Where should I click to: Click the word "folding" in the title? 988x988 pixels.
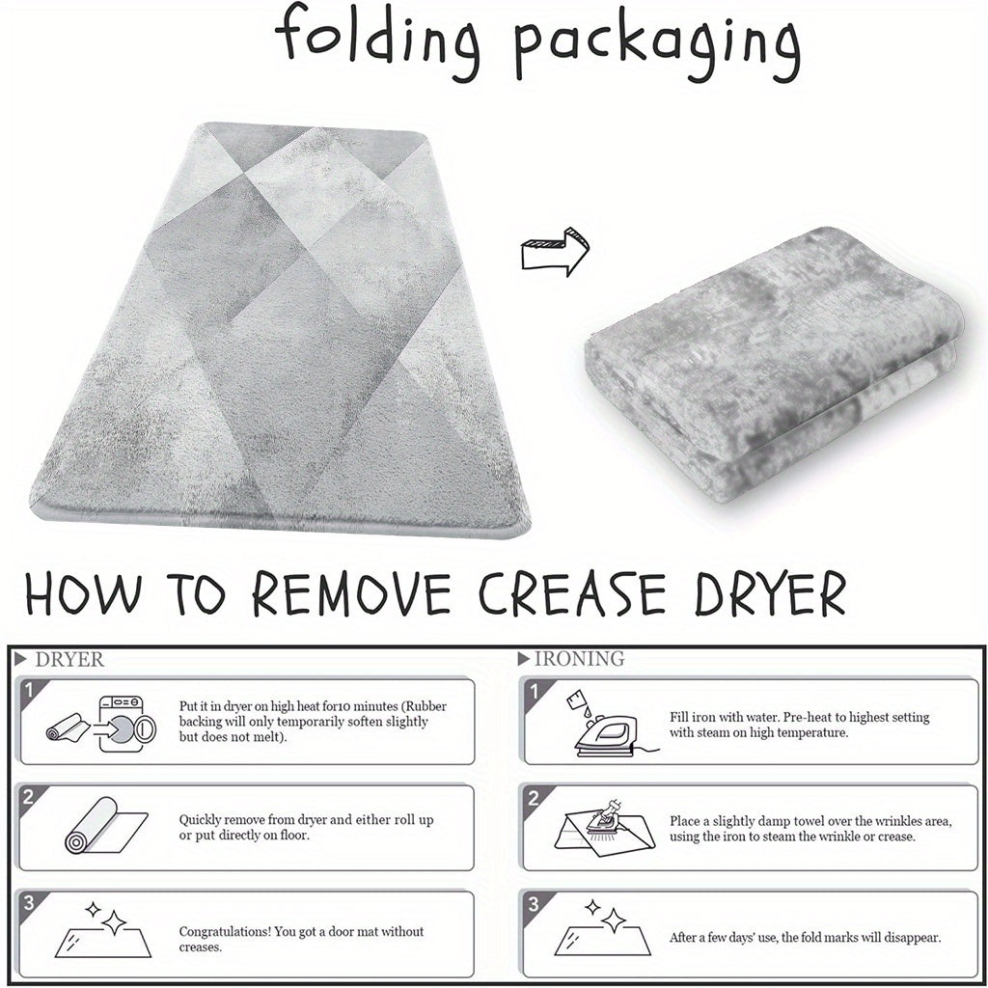click(x=376, y=41)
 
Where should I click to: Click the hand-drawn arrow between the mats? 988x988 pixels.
click(x=555, y=252)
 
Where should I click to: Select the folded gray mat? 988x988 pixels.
click(x=773, y=364)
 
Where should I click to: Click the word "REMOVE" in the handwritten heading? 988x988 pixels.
click(x=351, y=593)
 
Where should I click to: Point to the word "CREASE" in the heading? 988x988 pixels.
click(x=572, y=593)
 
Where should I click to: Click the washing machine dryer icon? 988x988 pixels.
click(x=126, y=725)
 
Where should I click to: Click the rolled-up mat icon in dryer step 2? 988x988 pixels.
click(x=106, y=826)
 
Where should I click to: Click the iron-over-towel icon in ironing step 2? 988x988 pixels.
click(x=605, y=826)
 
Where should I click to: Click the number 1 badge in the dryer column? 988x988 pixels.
click(x=28, y=691)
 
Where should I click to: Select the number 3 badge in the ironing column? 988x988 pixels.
click(x=533, y=904)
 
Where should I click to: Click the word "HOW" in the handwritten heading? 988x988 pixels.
click(x=83, y=593)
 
